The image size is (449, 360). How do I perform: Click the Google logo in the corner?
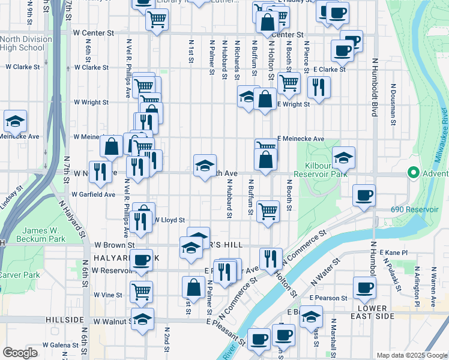pyautogui.click(x=20, y=353)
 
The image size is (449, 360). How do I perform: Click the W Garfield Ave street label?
pyautogui.click(x=93, y=194)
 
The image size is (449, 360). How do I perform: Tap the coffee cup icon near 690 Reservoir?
pyautogui.click(x=364, y=196)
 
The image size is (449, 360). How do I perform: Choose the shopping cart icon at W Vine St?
pyautogui.click(x=142, y=292)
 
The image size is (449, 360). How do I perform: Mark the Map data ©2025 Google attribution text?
pyautogui.click(x=412, y=355)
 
